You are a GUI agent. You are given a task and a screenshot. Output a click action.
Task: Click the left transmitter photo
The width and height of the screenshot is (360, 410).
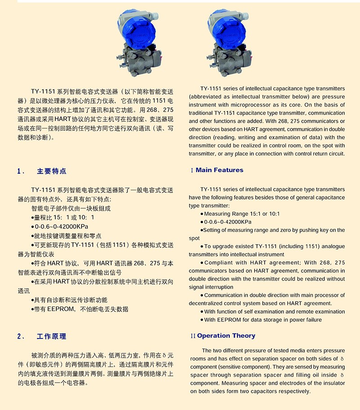138,40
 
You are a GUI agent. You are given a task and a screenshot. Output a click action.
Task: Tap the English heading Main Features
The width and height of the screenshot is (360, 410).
219,170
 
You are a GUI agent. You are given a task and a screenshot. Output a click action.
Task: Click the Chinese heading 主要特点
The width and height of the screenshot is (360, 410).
52,171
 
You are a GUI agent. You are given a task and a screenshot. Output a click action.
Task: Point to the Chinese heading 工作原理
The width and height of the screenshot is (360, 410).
52,336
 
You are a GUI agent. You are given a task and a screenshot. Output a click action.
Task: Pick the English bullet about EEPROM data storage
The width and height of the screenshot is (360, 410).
263,320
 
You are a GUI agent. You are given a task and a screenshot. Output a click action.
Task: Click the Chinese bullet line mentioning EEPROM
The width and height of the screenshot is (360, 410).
81,309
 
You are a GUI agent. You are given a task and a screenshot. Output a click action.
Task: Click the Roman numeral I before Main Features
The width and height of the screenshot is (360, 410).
192,170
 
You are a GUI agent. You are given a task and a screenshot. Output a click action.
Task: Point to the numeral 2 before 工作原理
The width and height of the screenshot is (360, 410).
19,336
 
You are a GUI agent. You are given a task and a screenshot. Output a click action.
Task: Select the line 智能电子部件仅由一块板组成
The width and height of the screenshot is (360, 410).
71,209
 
